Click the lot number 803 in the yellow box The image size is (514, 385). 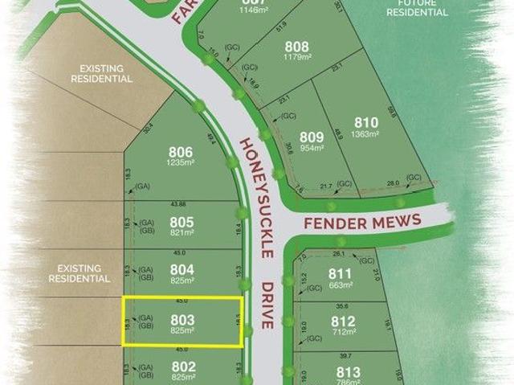click(x=182, y=319)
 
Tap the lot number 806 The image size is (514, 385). click(x=181, y=151)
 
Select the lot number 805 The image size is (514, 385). click(x=182, y=222)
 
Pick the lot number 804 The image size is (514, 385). click(x=182, y=269)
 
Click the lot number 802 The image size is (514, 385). click(x=182, y=366)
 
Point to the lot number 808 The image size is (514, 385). click(x=296, y=47)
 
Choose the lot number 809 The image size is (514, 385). click(x=311, y=137)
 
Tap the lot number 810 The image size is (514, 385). click(x=365, y=122)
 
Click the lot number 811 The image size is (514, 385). click(x=341, y=273)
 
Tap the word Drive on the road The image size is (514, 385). click(x=271, y=305)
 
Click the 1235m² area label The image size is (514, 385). click(x=181, y=162)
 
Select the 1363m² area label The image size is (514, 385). click(x=365, y=133)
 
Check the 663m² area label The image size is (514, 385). click(x=341, y=285)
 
